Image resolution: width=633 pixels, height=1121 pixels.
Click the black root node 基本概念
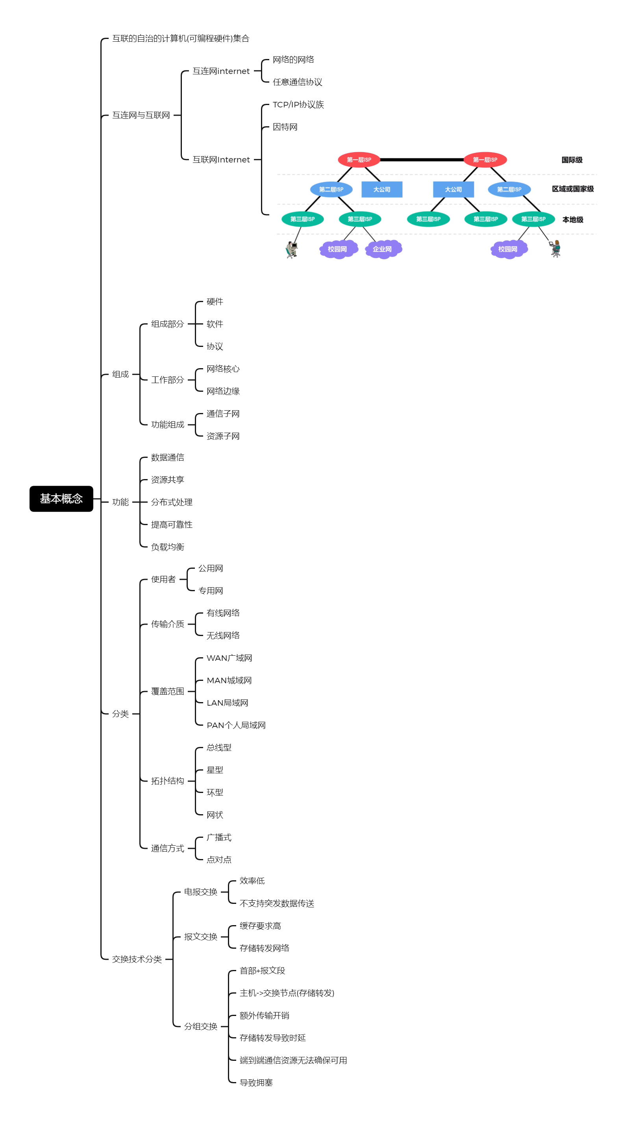pyautogui.click(x=61, y=498)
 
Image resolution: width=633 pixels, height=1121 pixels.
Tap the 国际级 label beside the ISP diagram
pyautogui.click(x=572, y=160)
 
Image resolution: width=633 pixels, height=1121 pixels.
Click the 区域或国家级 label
pyautogui.click(x=572, y=189)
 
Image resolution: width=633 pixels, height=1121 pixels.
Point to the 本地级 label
pyautogui.click(x=572, y=220)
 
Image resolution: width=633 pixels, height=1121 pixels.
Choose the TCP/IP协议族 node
pyautogui.click(x=298, y=105)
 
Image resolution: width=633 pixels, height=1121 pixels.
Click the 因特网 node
pyautogui.click(x=285, y=127)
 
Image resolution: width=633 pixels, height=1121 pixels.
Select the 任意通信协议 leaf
pyautogui.click(x=297, y=82)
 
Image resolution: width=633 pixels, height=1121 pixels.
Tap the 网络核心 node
pyautogui.click(x=223, y=369)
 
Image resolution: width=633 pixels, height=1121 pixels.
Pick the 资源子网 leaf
pyautogui.click(x=223, y=436)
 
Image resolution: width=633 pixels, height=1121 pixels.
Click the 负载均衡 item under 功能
pyautogui.click(x=167, y=547)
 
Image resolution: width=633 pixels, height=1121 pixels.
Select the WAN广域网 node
pyautogui.click(x=229, y=658)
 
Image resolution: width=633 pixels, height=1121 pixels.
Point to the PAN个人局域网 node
pyautogui.click(x=236, y=725)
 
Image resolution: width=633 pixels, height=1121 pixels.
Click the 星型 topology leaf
pyautogui.click(x=214, y=770)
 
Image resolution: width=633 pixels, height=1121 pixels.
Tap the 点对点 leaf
pyautogui.click(x=219, y=859)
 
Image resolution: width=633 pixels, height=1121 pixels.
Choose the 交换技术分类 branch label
pyautogui.click(x=137, y=959)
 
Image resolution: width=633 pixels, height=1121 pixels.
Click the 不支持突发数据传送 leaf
pyautogui.click(x=277, y=903)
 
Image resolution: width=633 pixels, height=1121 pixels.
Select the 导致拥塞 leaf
pyautogui.click(x=256, y=1083)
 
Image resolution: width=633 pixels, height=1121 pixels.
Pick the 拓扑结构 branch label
pyautogui.click(x=167, y=781)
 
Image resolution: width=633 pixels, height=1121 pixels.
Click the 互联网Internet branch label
pyautogui.click(x=221, y=160)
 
